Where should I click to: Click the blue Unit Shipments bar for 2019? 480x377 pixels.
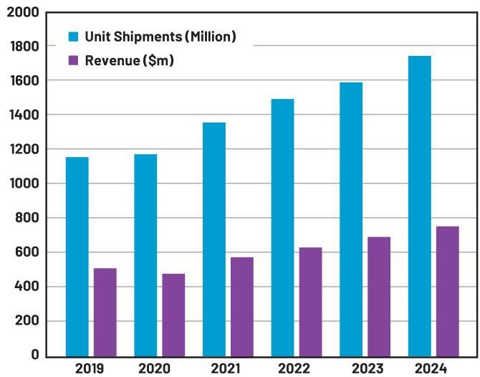click(77, 256)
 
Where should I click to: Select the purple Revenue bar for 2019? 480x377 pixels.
click(105, 312)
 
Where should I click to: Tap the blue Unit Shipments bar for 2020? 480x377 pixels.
click(145, 254)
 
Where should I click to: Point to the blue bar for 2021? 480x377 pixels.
click(214, 239)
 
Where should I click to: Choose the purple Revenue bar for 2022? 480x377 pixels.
click(310, 301)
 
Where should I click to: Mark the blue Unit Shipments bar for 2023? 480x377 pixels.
click(351, 219)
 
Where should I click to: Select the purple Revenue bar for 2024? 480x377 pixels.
click(447, 291)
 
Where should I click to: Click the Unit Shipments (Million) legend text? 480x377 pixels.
click(160, 37)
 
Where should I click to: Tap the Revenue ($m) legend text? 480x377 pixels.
click(130, 61)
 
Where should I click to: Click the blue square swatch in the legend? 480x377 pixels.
click(74, 37)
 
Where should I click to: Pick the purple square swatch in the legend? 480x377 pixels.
click(74, 61)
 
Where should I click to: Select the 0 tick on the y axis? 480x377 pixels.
click(33, 355)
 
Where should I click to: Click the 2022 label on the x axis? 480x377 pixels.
click(294, 368)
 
